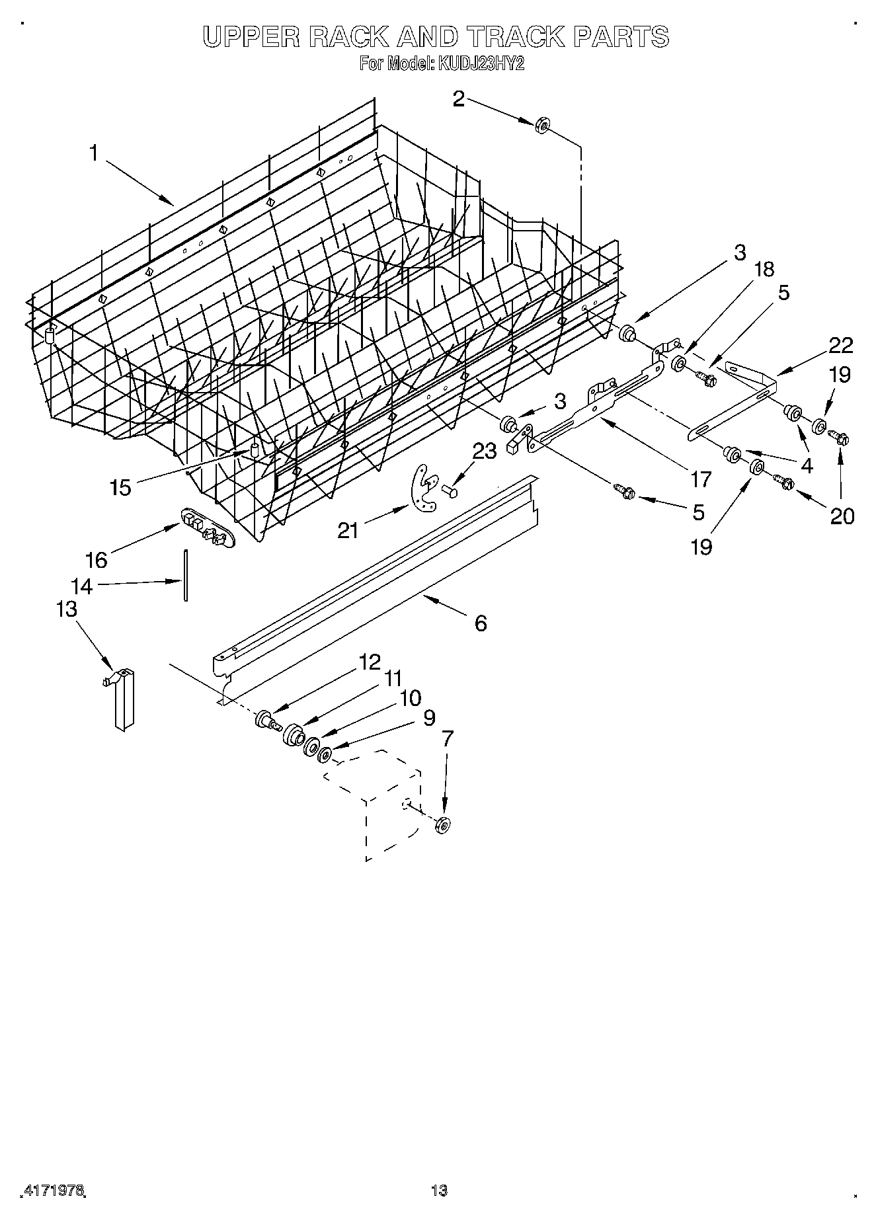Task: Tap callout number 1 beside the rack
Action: click(x=94, y=153)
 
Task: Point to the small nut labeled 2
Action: click(x=541, y=125)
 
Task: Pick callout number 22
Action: click(x=841, y=345)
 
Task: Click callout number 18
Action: click(x=763, y=269)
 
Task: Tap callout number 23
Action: click(x=484, y=451)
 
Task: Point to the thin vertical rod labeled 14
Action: click(x=186, y=575)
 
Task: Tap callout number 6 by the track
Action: click(x=480, y=623)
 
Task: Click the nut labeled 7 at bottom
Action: click(x=443, y=824)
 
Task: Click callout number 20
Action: click(x=842, y=516)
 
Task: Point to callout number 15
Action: click(x=121, y=488)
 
